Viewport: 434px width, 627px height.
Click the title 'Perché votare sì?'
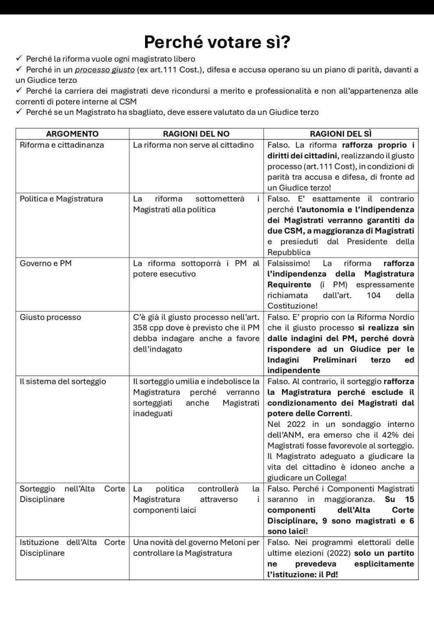[217, 42]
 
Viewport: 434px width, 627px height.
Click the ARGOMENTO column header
[72, 134]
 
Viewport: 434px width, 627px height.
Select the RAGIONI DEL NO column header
[196, 134]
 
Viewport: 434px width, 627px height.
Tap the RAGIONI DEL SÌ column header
[340, 134]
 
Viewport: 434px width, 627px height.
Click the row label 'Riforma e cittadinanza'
[62, 145]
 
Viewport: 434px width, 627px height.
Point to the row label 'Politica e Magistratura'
[61, 199]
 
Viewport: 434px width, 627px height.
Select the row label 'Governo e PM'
[46, 264]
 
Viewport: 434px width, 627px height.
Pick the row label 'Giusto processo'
[50, 317]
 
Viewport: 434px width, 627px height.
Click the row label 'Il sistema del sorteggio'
[63, 381]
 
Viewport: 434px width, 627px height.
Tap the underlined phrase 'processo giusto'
[104, 70]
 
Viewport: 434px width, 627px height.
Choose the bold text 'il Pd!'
[328, 574]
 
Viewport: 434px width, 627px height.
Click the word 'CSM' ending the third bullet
[128, 102]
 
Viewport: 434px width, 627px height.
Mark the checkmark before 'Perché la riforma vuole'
[19, 59]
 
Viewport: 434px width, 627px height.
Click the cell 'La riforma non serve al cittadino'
[193, 145]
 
